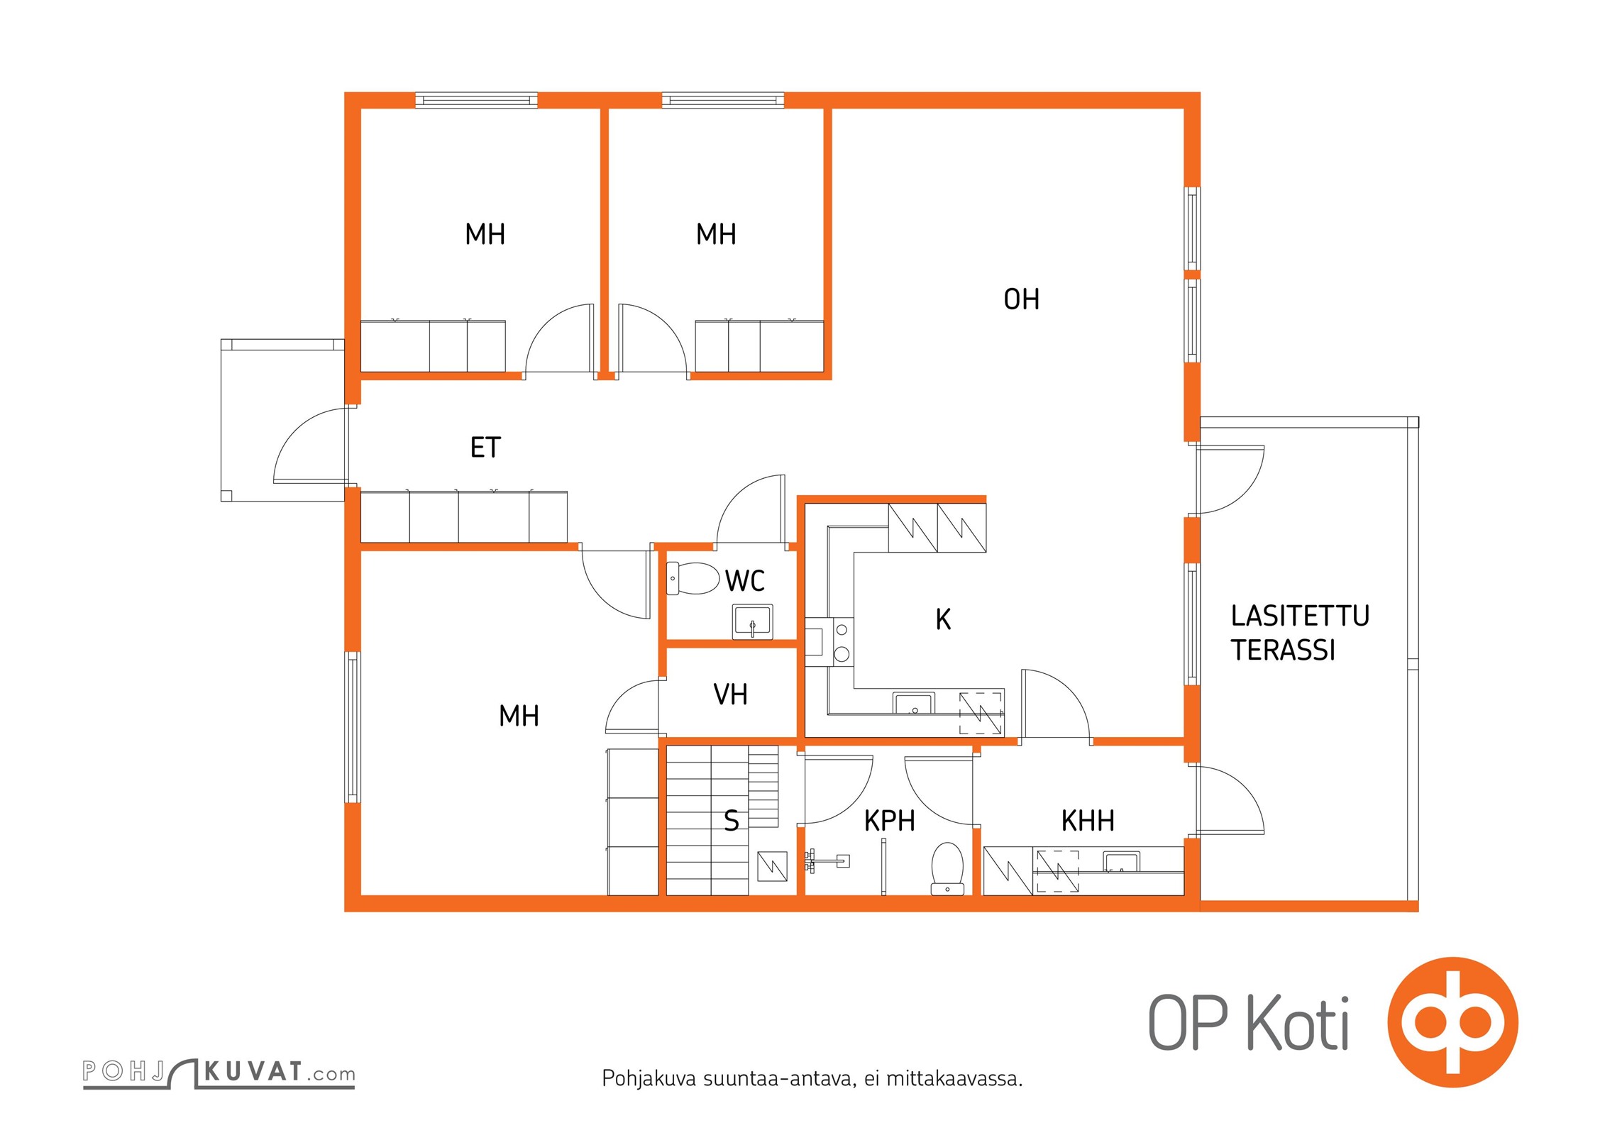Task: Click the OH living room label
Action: (1021, 299)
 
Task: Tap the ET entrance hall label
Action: (486, 448)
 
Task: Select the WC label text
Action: (744, 581)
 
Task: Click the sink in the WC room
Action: (752, 621)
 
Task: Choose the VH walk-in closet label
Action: (730, 694)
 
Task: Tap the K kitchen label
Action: (943, 619)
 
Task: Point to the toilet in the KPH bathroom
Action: (947, 868)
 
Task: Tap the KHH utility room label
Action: (1088, 821)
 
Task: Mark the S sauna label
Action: (732, 821)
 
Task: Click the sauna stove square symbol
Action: (772, 866)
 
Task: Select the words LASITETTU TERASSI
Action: (1300, 633)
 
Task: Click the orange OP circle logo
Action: (1453, 1022)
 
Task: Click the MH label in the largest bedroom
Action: (519, 716)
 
